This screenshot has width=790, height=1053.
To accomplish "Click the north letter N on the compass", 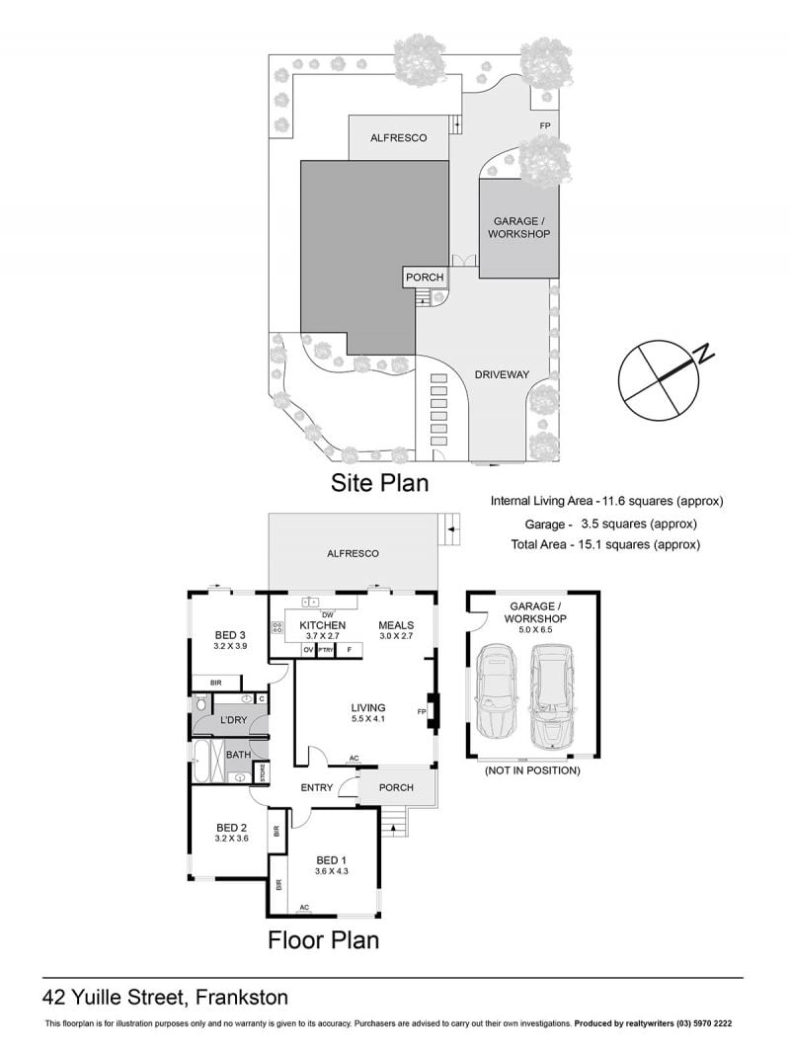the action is pyautogui.click(x=704, y=354).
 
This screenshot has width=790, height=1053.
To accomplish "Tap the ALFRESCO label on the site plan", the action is pyautogui.click(x=399, y=137).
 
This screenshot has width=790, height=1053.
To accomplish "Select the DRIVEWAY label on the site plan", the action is pyautogui.click(x=502, y=374).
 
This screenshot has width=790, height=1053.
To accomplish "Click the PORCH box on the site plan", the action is pyautogui.click(x=425, y=278).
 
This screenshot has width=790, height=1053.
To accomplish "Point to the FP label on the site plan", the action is pyautogui.click(x=545, y=125).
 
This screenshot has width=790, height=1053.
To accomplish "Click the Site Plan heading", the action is pyautogui.click(x=380, y=483).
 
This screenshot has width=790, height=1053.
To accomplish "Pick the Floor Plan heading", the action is pyautogui.click(x=324, y=939).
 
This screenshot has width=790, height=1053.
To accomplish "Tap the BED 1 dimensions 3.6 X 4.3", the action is pyautogui.click(x=332, y=871).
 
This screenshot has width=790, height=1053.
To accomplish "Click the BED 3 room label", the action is pyautogui.click(x=230, y=634).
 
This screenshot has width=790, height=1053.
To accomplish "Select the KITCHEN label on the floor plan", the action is pyautogui.click(x=323, y=625).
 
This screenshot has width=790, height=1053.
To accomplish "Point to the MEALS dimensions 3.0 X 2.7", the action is pyautogui.click(x=396, y=635).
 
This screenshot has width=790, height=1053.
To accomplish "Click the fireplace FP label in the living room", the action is pyautogui.click(x=422, y=712).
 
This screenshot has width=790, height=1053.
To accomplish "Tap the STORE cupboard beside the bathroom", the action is pyautogui.click(x=262, y=773).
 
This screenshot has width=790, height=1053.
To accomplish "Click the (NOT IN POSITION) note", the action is pyautogui.click(x=532, y=770).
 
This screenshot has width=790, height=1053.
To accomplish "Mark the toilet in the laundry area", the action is pyautogui.click(x=200, y=703).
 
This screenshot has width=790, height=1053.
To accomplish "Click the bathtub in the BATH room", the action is pyautogui.click(x=201, y=761).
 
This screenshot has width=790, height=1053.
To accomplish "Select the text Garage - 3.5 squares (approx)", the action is pyautogui.click(x=611, y=524).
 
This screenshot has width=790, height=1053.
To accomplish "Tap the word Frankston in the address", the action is pyautogui.click(x=242, y=998).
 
